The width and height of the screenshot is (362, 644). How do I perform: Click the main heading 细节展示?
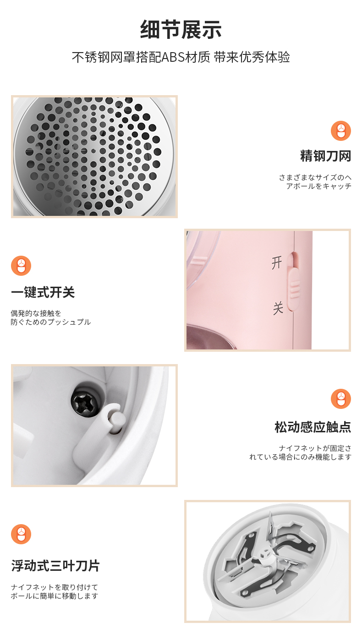pos(181,30)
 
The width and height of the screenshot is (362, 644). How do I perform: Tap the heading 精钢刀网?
pos(325,156)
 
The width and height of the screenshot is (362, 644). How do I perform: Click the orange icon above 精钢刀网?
pos(340,131)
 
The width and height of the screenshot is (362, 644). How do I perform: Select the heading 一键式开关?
pos(43,292)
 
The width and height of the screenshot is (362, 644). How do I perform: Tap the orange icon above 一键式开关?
pos(21,266)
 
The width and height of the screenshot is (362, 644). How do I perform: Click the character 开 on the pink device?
pos(277,262)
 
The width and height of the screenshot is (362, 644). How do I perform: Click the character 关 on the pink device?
pos(278,308)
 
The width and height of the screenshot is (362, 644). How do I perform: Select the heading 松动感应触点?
pos(313,427)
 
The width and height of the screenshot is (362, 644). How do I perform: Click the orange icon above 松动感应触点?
pos(340,399)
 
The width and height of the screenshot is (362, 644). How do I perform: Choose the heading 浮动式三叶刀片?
pos(55,565)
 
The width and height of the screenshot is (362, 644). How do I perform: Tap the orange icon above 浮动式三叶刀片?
pos(21,534)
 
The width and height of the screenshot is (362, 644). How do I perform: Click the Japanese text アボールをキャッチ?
pos(318,186)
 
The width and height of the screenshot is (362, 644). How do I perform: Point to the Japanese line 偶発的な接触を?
pos(36,313)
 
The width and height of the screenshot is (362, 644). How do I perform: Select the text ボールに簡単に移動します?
pos(55,596)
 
